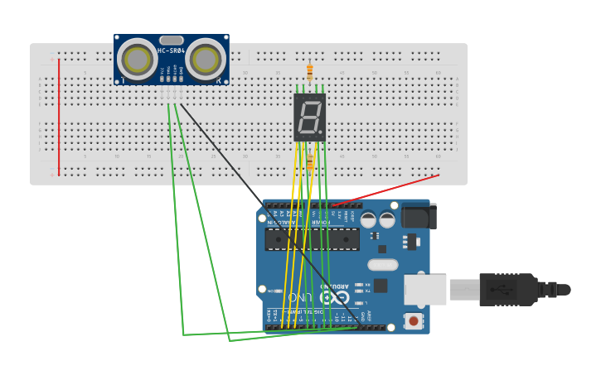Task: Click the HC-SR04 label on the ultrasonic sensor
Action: (172, 51)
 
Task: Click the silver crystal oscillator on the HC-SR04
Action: (172, 40)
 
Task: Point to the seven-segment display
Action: (309, 117)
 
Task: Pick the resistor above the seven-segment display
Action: (309, 73)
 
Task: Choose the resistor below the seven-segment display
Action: (310, 161)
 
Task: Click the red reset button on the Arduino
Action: (412, 320)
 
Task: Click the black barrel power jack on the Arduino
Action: (418, 216)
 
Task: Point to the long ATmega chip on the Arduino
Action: (312, 239)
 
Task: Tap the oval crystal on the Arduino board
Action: (382, 265)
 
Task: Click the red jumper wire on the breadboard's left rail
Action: (59, 112)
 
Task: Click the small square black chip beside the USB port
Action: (380, 286)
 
